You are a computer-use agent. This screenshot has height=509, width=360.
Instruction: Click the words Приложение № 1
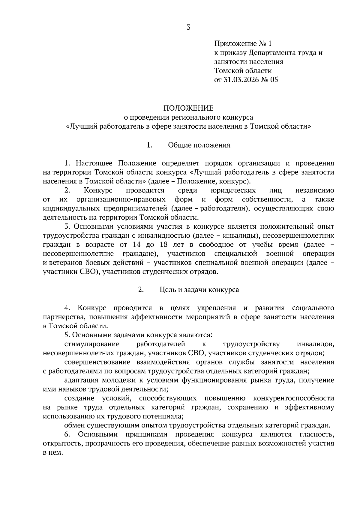(x=242, y=44)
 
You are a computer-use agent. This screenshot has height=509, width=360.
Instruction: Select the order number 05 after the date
(x=274, y=80)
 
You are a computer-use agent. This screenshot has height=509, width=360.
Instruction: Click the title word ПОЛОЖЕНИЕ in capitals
(x=188, y=108)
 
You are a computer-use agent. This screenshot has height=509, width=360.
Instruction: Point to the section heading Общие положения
(x=199, y=145)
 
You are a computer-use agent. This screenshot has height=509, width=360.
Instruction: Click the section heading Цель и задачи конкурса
(x=199, y=290)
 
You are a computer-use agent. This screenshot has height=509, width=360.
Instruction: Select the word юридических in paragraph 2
(x=233, y=190)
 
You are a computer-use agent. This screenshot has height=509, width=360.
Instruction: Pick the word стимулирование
(x=92, y=344)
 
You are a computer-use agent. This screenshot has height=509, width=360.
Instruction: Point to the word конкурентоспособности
(x=294, y=398)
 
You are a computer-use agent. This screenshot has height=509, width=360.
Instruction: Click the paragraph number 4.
(x=67, y=308)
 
